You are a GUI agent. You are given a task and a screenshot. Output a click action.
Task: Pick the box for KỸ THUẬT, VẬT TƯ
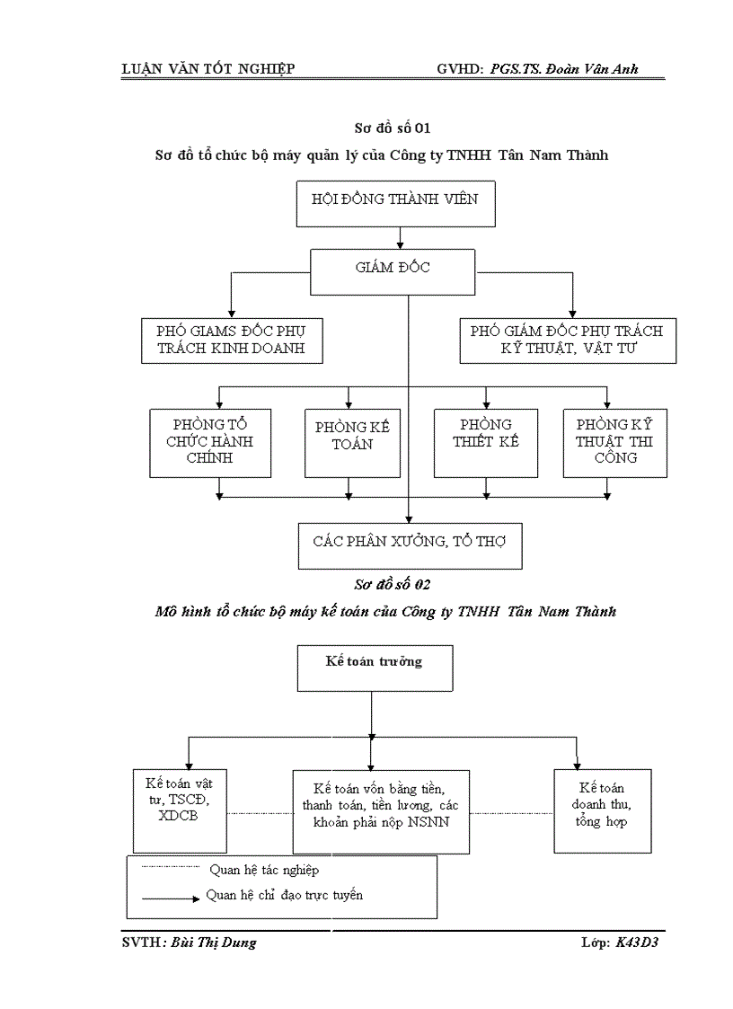568,341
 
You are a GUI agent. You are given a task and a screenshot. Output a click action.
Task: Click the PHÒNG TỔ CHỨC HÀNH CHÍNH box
210,442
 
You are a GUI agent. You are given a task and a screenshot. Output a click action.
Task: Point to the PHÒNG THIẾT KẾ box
486,442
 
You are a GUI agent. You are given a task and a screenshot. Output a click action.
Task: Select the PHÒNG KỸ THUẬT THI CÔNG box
615,442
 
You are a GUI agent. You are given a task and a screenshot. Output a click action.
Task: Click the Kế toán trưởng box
375,668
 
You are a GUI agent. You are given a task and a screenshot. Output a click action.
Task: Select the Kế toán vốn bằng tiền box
381,809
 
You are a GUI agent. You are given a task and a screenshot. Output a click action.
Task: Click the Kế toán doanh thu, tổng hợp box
602,809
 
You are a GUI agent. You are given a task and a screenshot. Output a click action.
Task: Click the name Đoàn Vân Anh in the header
596,69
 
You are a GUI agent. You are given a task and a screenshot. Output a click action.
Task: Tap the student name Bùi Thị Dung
213,943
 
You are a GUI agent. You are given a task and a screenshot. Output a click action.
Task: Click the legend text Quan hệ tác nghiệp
264,870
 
